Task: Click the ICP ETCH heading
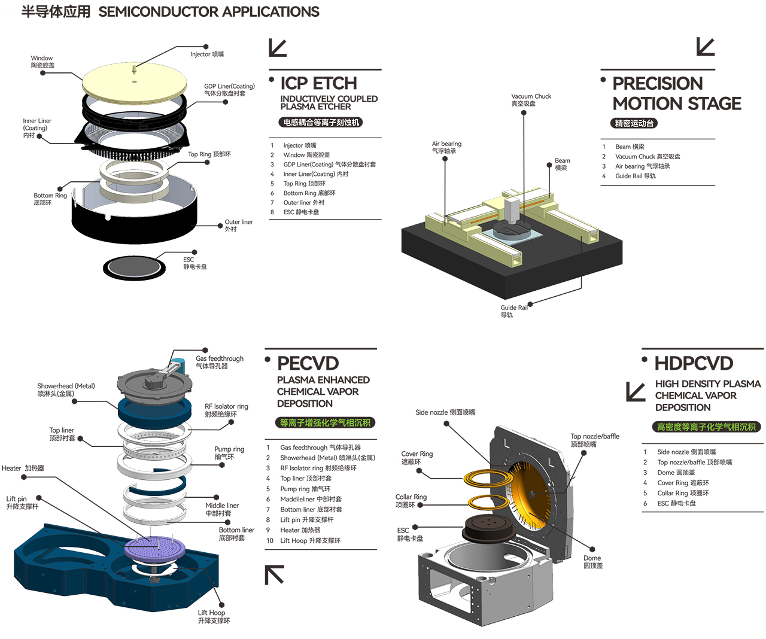pos(318,83)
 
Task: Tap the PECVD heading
pos(308,363)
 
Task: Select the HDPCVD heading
pos(694,363)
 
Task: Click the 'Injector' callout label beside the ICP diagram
pos(207,54)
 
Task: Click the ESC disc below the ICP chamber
pos(134,267)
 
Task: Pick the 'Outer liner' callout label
pos(238,226)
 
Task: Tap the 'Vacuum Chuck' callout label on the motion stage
pos(531,100)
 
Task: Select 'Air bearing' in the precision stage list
pos(642,166)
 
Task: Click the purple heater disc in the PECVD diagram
pos(152,547)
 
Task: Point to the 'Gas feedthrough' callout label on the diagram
pos(219,362)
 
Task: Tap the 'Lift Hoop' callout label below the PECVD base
pos(212,616)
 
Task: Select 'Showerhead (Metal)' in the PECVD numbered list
pos(327,458)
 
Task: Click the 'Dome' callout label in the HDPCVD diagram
pos(592,562)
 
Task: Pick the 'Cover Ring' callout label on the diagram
pos(417,458)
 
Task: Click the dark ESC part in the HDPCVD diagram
pos(488,529)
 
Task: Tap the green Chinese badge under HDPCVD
pos(706,427)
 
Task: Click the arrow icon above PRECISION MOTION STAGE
pos(706,47)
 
